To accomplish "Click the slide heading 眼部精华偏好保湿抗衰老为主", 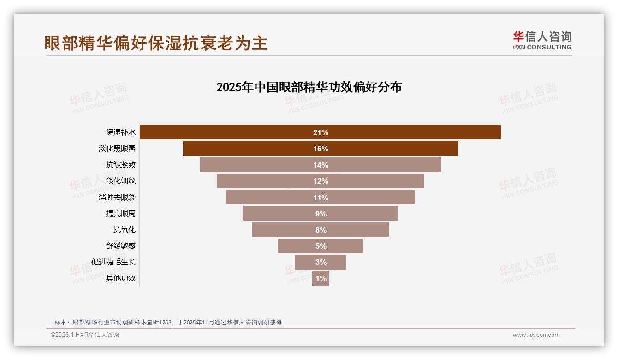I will (156, 43).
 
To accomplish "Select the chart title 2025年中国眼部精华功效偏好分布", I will (309, 87).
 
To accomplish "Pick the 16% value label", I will (321, 149).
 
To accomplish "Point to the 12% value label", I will (321, 181).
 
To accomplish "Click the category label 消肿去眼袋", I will (117, 198).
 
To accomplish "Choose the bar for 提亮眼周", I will (277, 214).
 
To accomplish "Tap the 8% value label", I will (321, 230).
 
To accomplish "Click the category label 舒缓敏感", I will (121, 246).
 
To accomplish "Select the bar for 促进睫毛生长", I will (307, 262).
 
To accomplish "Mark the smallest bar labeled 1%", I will (321, 278).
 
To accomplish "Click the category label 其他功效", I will (121, 278).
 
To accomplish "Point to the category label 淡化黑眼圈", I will (117, 149).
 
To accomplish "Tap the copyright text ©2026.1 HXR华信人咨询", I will (85, 335).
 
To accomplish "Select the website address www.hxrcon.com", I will (536, 335).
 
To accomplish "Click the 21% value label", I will (321, 132).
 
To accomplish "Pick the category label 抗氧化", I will (125, 230).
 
